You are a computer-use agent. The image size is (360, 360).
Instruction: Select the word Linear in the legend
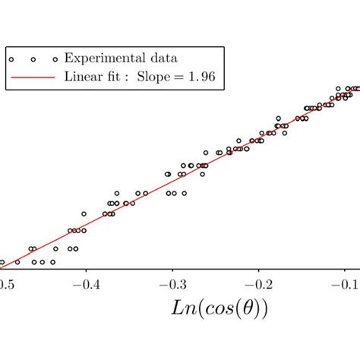(x=84, y=76)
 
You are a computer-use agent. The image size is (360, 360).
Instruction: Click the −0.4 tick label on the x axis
(x=85, y=283)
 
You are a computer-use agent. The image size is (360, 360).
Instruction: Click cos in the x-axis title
(x=207, y=310)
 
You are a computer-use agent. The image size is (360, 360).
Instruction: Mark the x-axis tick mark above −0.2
(x=260, y=267)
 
